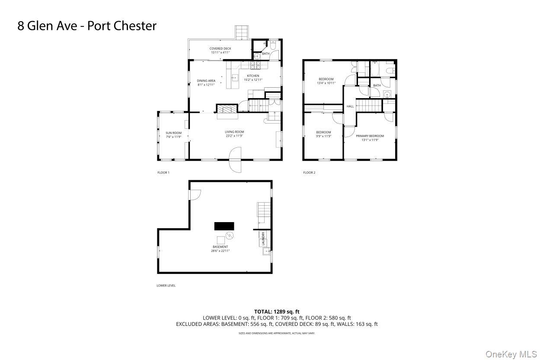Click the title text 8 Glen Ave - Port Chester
[x=87, y=26]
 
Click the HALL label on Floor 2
[x=350, y=106]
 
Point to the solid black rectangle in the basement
[x=224, y=226]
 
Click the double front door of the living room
[x=235, y=159]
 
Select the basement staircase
[x=264, y=211]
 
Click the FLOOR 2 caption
[x=309, y=173]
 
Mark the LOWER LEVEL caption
[x=166, y=286]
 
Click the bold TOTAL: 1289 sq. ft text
[x=277, y=311]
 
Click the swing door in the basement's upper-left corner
[x=194, y=195]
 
